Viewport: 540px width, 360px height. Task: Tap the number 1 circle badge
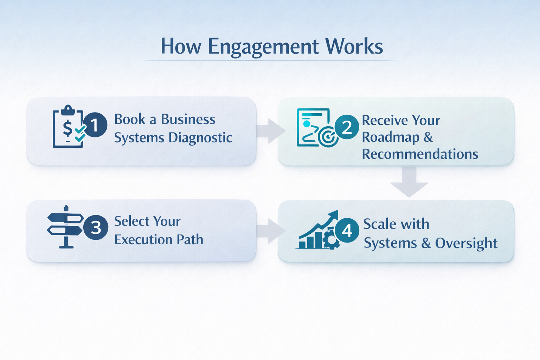point(95,125)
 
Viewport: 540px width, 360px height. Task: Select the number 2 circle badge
point(347,127)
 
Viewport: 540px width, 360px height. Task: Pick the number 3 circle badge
point(96,227)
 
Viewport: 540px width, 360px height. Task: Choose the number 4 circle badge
point(347,230)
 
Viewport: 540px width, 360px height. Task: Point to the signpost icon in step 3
point(65,227)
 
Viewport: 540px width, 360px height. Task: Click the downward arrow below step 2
point(409,182)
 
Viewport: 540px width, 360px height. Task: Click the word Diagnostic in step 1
point(200,138)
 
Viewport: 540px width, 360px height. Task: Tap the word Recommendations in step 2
point(420,154)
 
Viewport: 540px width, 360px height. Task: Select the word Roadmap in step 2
point(391,137)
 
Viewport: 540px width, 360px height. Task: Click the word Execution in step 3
point(143,240)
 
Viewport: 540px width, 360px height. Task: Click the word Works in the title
point(354,46)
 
